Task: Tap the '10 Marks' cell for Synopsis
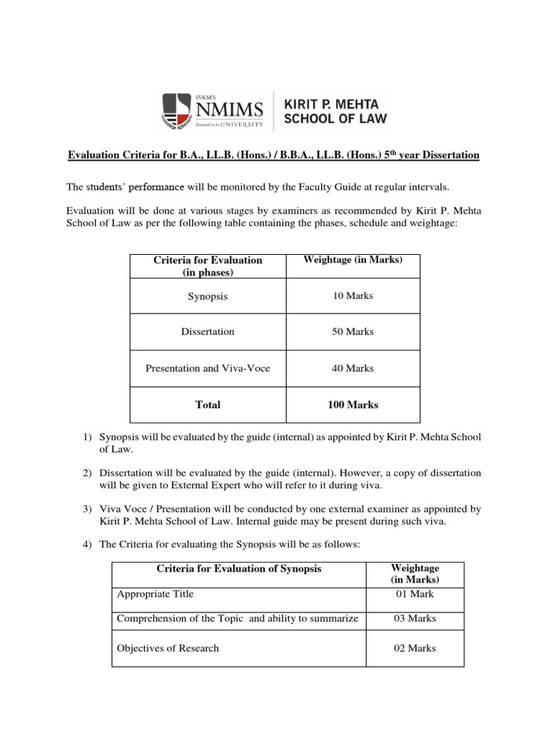coord(352,296)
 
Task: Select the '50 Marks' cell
coord(352,332)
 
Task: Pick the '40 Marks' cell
coord(352,368)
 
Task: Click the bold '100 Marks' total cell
coord(352,405)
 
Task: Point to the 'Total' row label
coord(208,405)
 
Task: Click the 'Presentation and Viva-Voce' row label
coord(208,368)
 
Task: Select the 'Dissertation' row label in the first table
coord(208,332)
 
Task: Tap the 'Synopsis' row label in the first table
coord(208,296)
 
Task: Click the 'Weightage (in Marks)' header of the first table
coord(352,260)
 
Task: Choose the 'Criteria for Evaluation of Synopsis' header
coord(239,569)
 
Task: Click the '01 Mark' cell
coord(415,594)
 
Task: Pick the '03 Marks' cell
coord(415,618)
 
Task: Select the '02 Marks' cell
coord(415,648)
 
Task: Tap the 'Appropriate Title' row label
coord(155,594)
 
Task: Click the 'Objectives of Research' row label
coord(168,648)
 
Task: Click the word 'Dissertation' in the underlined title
coord(449,155)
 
